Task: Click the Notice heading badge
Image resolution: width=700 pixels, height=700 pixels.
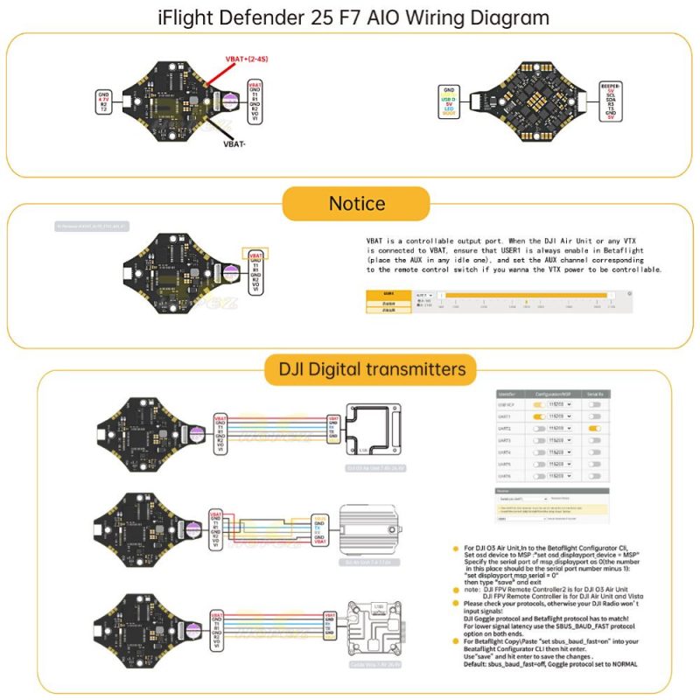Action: point(356,204)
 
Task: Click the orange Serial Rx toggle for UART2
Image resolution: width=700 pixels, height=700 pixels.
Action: point(594,429)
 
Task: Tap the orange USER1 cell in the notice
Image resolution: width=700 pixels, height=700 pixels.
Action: point(388,295)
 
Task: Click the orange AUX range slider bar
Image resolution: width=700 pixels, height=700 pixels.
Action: point(525,295)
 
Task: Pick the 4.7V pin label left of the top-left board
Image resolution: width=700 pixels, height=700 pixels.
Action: point(103,99)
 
